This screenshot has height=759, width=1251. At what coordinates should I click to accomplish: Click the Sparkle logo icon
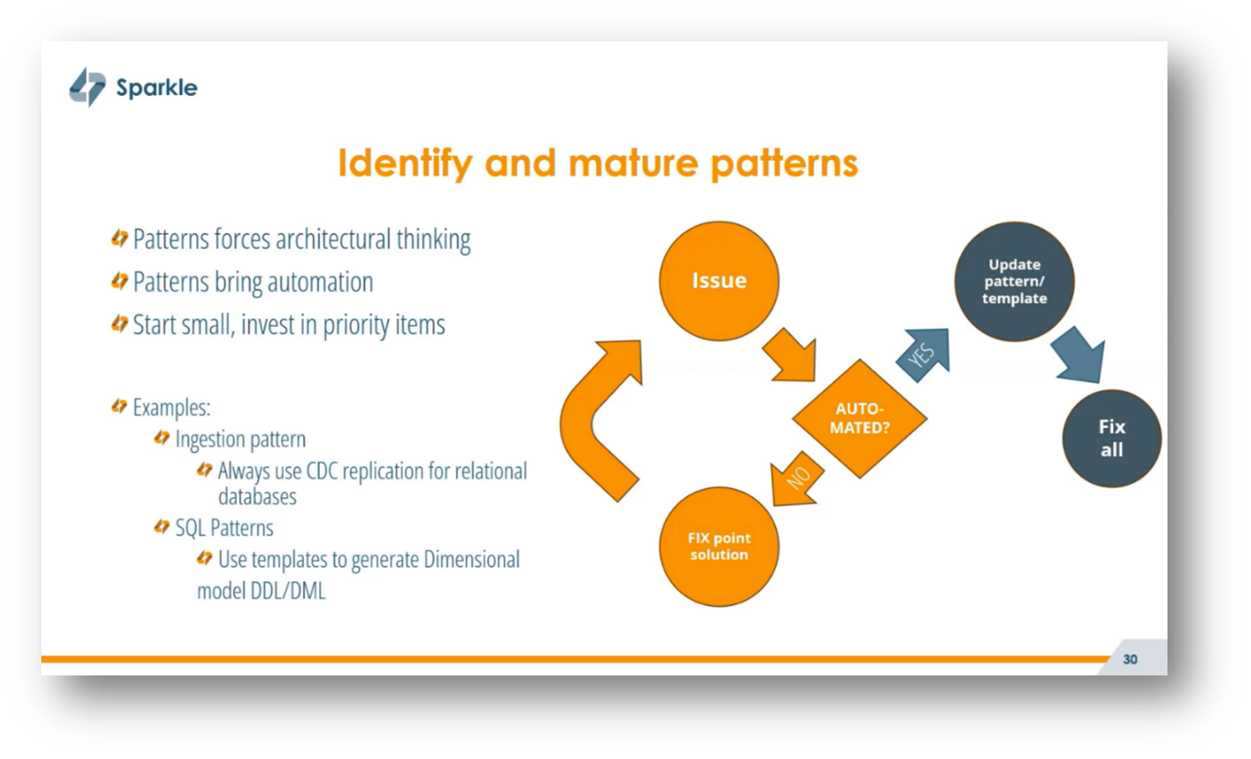(87, 87)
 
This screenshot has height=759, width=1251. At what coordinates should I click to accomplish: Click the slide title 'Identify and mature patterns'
(598, 164)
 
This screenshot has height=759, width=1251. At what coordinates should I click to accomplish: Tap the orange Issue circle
(718, 281)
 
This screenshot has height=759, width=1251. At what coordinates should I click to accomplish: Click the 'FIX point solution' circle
(718, 546)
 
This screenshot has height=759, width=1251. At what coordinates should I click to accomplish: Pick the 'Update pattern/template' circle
(1014, 281)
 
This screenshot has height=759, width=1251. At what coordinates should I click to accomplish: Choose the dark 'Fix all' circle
(1111, 438)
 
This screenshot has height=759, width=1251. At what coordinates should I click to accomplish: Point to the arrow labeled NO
(796, 481)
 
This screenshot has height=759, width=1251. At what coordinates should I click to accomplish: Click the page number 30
(1130, 659)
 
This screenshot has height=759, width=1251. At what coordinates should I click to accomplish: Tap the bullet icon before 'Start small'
(120, 325)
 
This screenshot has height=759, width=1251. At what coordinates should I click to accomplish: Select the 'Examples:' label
(171, 408)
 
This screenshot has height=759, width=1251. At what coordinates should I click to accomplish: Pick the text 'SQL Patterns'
(224, 528)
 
